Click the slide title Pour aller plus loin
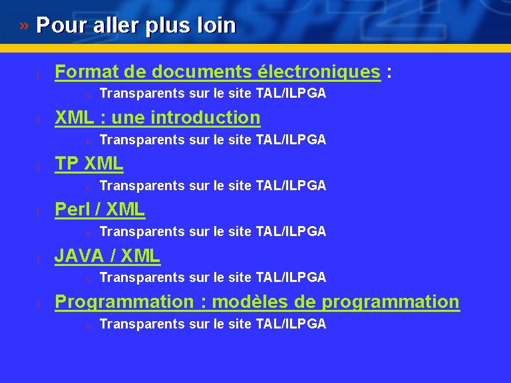[136, 25]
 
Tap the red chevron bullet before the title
[24, 25]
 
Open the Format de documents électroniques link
[218, 72]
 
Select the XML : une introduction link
[158, 118]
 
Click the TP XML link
[89, 164]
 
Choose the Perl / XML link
[100, 209]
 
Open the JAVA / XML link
[107, 255]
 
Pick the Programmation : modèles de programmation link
[257, 302]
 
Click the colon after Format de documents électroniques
[389, 72]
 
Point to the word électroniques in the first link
[319, 72]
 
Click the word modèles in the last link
[250, 302]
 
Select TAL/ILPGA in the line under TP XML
[291, 186]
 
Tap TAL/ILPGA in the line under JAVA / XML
[291, 277]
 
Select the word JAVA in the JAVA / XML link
[79, 255]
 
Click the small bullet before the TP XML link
[38, 166]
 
